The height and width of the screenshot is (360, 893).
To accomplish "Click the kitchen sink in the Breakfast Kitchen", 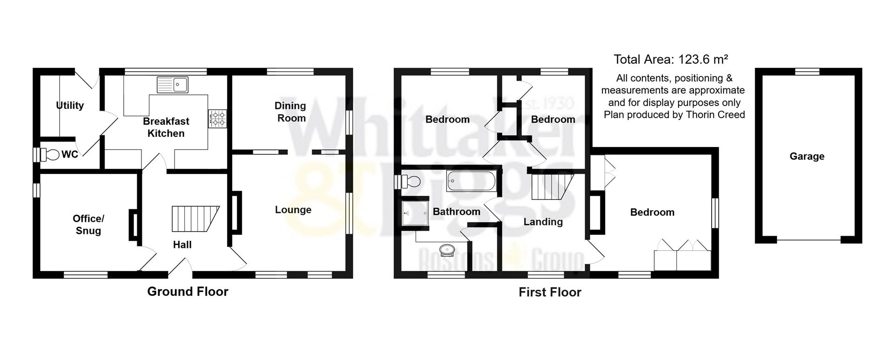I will pyautogui.click(x=173, y=85).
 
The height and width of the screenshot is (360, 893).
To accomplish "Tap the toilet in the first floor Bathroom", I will pyautogui.click(x=411, y=181).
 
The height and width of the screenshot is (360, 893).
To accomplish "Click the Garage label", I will pyautogui.click(x=807, y=156).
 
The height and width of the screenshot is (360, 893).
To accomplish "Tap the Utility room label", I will pyautogui.click(x=70, y=106).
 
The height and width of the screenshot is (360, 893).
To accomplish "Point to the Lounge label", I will pyautogui.click(x=293, y=210).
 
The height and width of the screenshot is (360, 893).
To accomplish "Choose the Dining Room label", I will pyautogui.click(x=291, y=112).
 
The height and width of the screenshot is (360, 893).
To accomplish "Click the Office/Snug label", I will pyautogui.click(x=88, y=225).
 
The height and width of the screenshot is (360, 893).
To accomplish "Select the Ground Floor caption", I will pyautogui.click(x=187, y=292).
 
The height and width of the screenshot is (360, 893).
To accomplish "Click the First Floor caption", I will pyautogui.click(x=550, y=292).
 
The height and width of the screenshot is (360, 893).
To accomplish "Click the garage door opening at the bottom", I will pyautogui.click(x=808, y=240).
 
